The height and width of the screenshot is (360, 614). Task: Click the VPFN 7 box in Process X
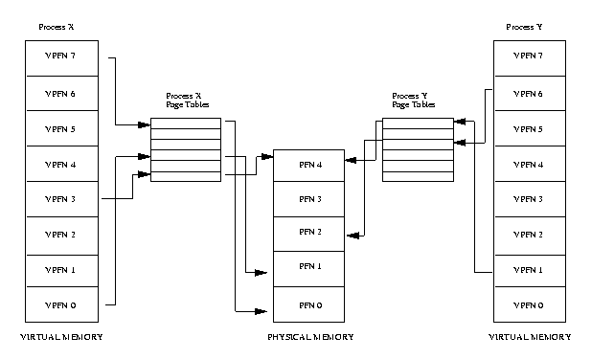(62, 58)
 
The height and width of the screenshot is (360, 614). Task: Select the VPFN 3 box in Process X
(62, 199)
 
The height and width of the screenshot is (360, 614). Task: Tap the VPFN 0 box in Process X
(62, 304)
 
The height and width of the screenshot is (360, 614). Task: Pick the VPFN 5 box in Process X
(62, 128)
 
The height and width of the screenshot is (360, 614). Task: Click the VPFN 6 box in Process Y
(530, 93)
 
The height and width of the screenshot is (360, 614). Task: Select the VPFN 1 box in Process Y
(530, 271)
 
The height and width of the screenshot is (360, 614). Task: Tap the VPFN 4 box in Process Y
(530, 164)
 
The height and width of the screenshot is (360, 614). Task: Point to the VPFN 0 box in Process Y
(530, 304)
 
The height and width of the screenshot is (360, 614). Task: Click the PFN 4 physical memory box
(309, 166)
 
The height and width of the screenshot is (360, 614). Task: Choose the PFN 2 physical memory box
(309, 234)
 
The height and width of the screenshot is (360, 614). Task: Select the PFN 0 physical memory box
(309, 304)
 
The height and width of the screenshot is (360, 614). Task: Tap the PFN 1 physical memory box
(309, 269)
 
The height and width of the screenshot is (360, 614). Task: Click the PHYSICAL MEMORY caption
(310, 337)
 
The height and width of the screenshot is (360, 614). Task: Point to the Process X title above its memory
(56, 27)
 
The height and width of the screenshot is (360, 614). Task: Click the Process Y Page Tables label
(414, 101)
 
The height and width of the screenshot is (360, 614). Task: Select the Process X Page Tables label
(188, 101)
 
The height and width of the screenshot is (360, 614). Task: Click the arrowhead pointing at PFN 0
(261, 311)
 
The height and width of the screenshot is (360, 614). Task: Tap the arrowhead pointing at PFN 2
(353, 236)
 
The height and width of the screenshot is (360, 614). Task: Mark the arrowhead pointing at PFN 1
(261, 272)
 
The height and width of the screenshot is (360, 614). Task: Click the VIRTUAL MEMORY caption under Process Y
(530, 337)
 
